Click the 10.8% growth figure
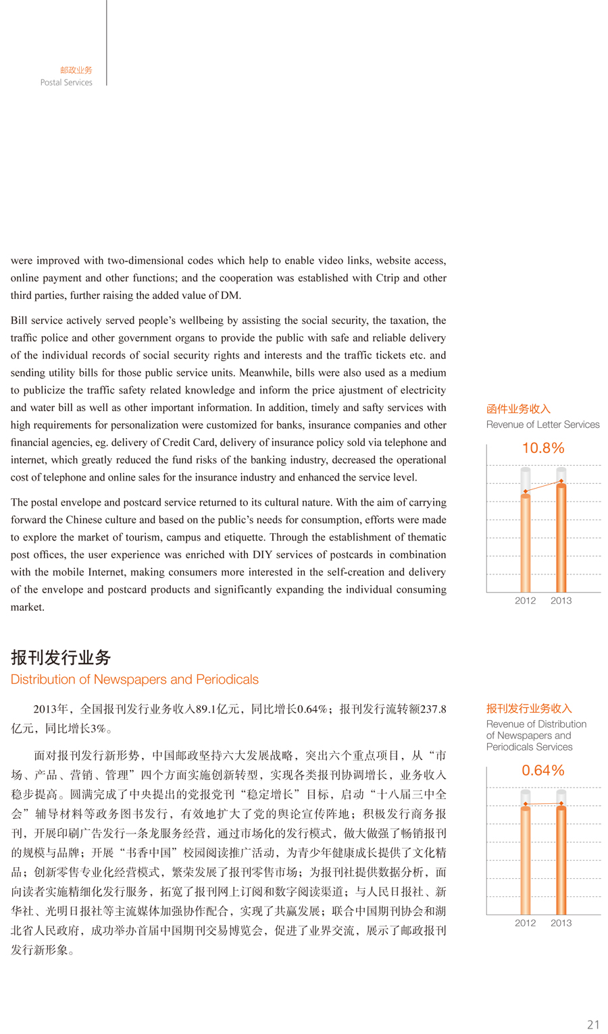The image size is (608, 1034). click(x=542, y=448)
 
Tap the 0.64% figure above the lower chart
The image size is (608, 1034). click(x=542, y=771)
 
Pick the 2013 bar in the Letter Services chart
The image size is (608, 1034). click(x=561, y=537)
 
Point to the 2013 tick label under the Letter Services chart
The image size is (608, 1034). click(x=561, y=601)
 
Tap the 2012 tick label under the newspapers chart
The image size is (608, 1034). click(x=525, y=923)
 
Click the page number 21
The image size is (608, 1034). click(x=593, y=1025)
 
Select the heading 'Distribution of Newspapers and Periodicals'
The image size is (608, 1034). click(x=134, y=680)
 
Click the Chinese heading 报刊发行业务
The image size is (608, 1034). click(x=61, y=657)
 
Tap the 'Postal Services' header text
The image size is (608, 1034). click(x=66, y=82)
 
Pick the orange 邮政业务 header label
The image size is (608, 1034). click(x=76, y=70)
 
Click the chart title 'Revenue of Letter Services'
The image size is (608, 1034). click(x=542, y=425)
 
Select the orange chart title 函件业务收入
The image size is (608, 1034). click(x=518, y=409)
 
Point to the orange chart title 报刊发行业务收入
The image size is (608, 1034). click(x=529, y=709)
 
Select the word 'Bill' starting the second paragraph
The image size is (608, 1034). click(x=19, y=321)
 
